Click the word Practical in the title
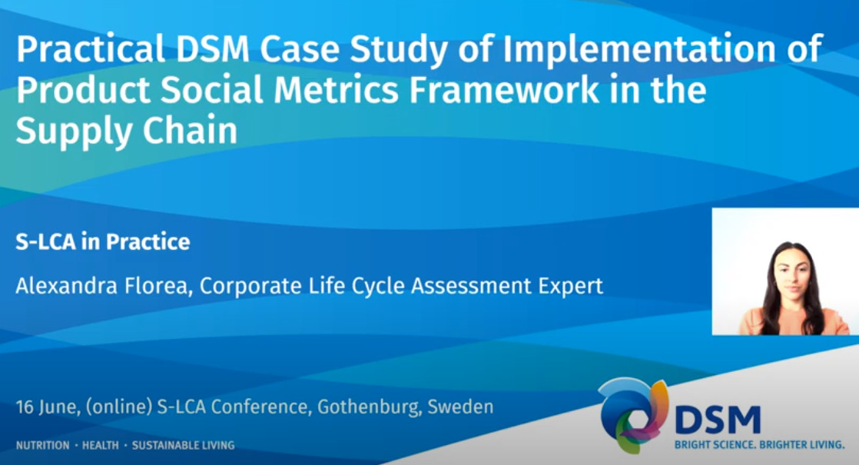[91, 48]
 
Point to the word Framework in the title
[504, 90]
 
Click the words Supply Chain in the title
[127, 131]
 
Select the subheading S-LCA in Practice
[103, 241]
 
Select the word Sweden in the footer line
[460, 407]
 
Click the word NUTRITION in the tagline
[43, 445]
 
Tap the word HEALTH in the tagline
[100, 445]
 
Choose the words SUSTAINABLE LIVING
[183, 445]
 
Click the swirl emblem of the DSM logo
[633, 414]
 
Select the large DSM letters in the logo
[718, 420]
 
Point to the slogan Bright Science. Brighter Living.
[759, 445]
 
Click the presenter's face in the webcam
[793, 274]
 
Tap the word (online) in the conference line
[119, 407]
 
